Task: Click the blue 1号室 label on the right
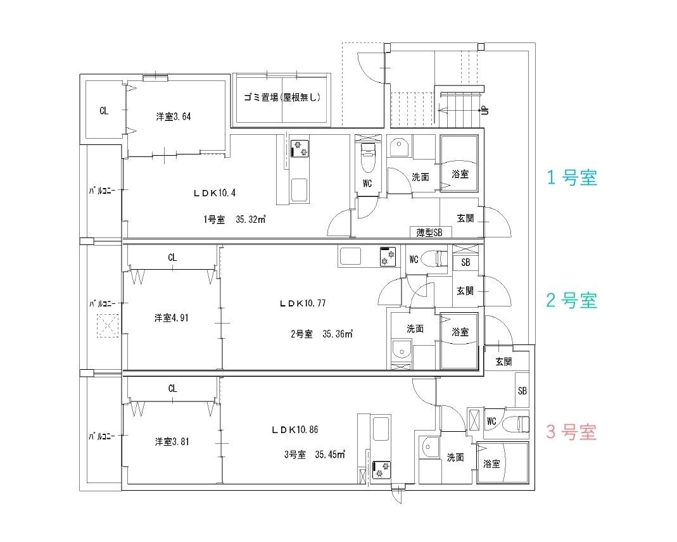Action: pyautogui.click(x=571, y=179)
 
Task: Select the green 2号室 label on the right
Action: pyautogui.click(x=571, y=300)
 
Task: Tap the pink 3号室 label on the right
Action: pyautogui.click(x=571, y=433)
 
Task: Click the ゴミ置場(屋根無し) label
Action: pyautogui.click(x=282, y=98)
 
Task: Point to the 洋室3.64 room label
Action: pyautogui.click(x=174, y=117)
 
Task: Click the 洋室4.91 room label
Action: pyautogui.click(x=172, y=318)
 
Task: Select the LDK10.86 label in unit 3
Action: pyautogui.click(x=294, y=429)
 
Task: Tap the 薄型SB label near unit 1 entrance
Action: pyautogui.click(x=430, y=232)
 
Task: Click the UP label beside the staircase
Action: pyautogui.click(x=484, y=110)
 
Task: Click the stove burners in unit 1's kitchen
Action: pyautogui.click(x=299, y=148)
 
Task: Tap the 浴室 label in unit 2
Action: pyautogui.click(x=460, y=331)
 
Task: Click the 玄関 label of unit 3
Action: pyautogui.click(x=503, y=362)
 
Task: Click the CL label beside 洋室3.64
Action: pyautogui.click(x=104, y=111)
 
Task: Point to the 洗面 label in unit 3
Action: pyautogui.click(x=455, y=457)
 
